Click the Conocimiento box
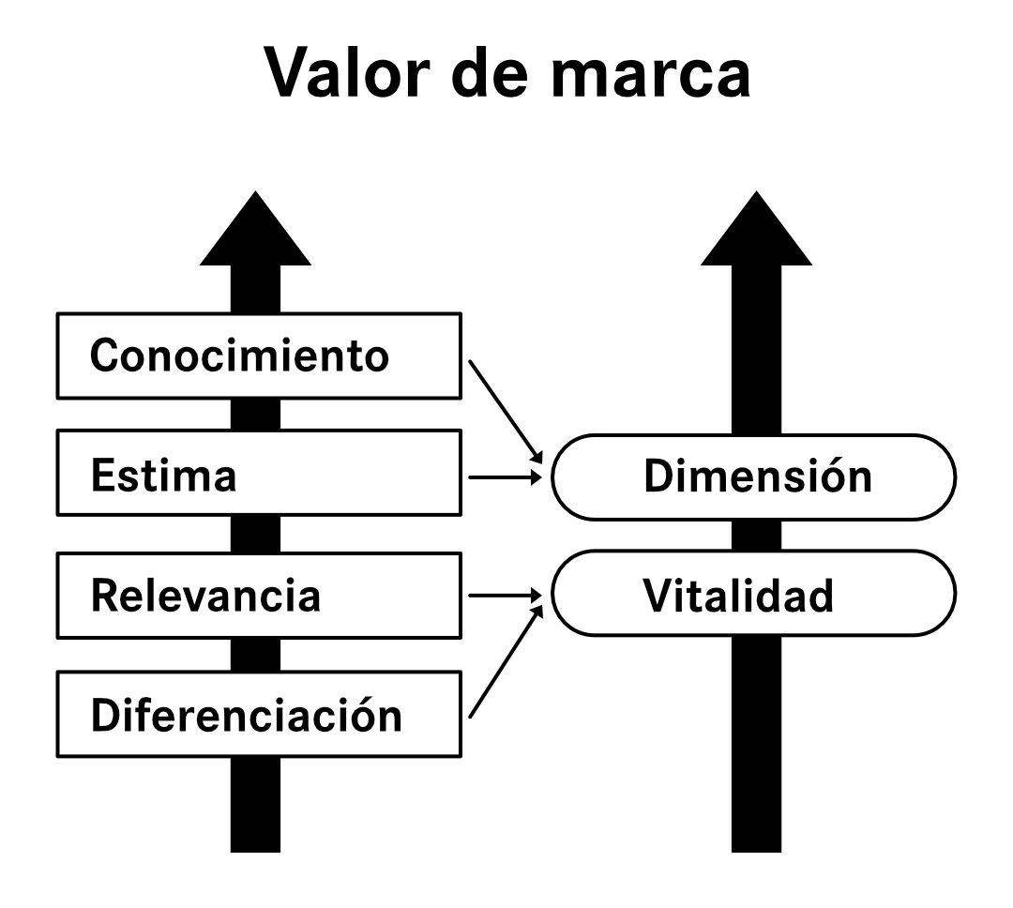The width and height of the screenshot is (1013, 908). (x=260, y=356)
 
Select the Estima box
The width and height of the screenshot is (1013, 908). (x=260, y=477)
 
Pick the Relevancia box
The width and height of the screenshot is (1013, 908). (x=260, y=596)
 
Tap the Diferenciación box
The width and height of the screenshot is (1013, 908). (x=260, y=715)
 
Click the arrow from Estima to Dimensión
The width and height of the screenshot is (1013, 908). (x=505, y=477)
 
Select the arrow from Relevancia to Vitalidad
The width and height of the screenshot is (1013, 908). (x=505, y=596)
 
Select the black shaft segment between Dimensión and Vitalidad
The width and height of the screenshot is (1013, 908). (x=756, y=536)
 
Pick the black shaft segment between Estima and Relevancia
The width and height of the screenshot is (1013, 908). (x=255, y=537)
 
